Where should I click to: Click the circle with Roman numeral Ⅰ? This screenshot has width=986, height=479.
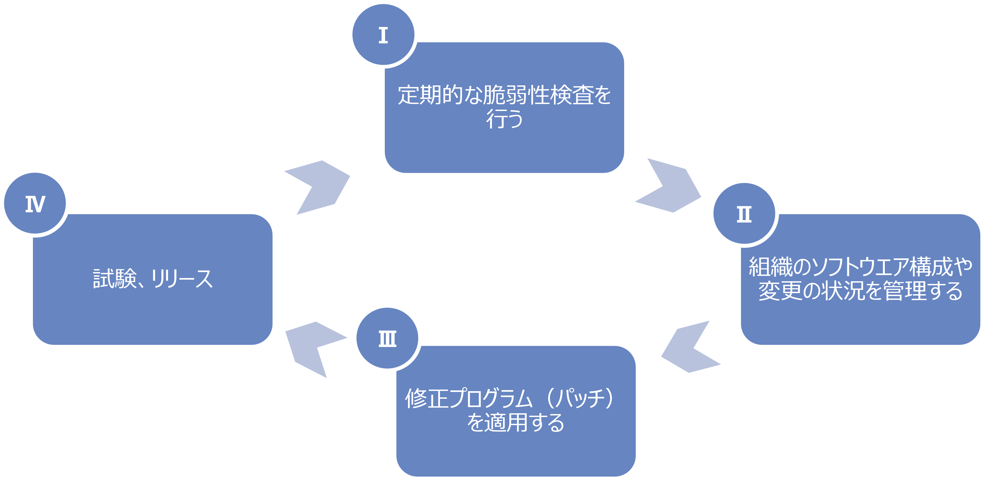[x=383, y=35]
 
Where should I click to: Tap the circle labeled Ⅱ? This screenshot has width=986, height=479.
[x=744, y=214]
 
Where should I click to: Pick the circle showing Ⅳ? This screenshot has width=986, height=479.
[x=35, y=203]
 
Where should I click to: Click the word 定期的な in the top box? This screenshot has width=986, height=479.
[x=440, y=95]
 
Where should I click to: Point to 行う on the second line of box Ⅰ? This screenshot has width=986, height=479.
[x=504, y=119]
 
